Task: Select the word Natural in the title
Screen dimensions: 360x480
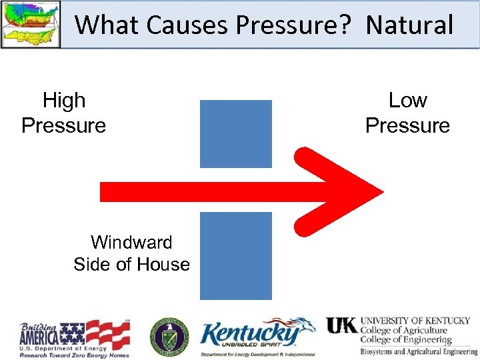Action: click(409, 25)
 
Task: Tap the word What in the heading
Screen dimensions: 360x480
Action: click(108, 25)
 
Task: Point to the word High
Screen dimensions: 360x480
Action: click(64, 101)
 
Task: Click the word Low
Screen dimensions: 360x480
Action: click(407, 101)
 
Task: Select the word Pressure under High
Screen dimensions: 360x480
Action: click(64, 125)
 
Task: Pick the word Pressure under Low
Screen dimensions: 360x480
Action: click(407, 125)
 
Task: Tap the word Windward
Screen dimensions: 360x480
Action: click(131, 242)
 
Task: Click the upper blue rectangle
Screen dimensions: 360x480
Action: click(236, 133)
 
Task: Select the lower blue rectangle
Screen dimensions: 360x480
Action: click(236, 255)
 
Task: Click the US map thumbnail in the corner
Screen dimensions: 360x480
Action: click(30, 24)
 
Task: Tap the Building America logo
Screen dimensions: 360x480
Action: click(75, 339)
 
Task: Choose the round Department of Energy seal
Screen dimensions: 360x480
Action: click(169, 336)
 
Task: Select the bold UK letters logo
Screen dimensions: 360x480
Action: click(341, 325)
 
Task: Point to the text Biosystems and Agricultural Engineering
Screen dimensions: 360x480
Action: click(419, 351)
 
